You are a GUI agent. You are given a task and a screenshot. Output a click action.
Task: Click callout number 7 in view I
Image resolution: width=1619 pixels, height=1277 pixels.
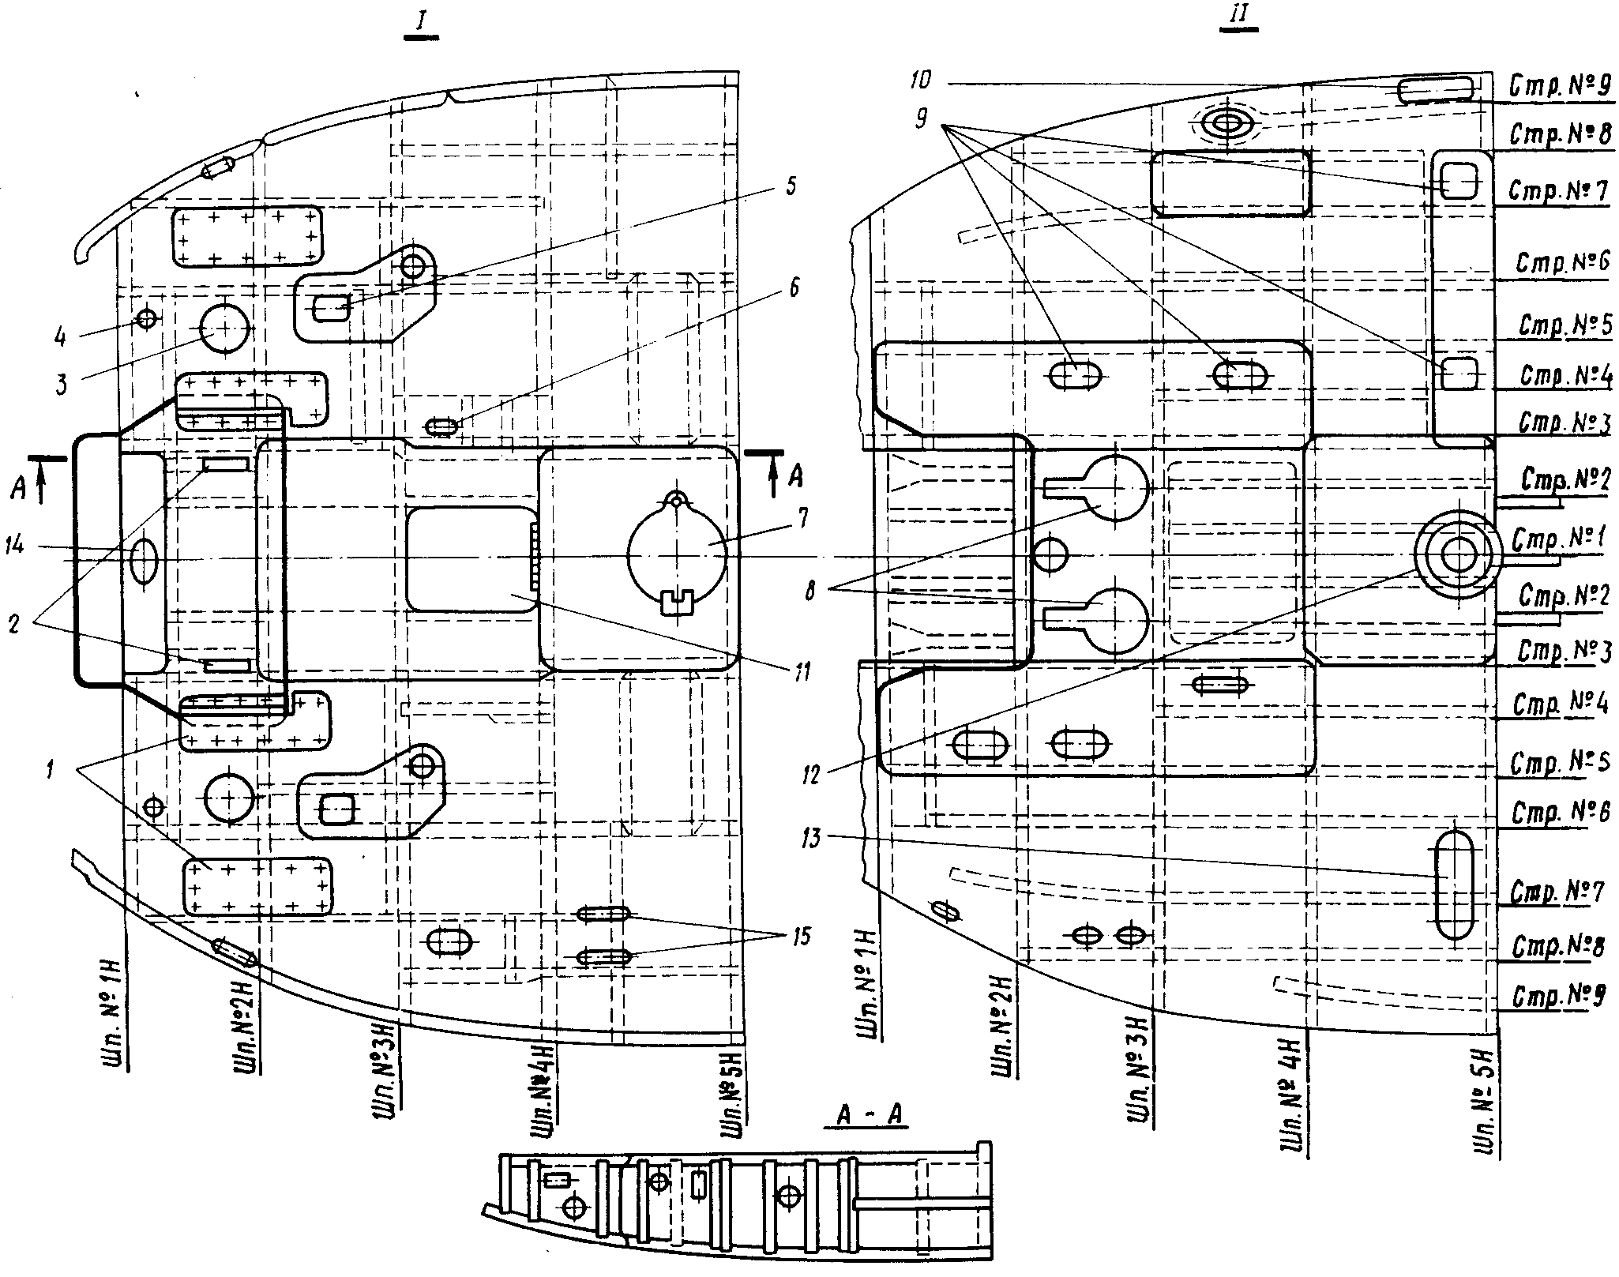pyautogui.click(x=803, y=518)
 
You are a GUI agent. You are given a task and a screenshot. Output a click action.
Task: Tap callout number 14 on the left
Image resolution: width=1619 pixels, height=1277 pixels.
pyautogui.click(x=15, y=545)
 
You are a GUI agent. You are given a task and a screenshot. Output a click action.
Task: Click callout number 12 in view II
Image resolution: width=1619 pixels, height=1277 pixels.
pyautogui.click(x=811, y=773)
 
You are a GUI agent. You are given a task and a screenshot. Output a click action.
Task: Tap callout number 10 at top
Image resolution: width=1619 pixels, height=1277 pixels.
pyautogui.click(x=919, y=80)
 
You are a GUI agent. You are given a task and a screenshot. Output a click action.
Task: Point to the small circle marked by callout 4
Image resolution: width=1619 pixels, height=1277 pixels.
pyautogui.click(x=147, y=319)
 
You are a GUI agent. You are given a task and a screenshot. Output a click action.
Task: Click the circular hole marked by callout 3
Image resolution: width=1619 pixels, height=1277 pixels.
pyautogui.click(x=224, y=329)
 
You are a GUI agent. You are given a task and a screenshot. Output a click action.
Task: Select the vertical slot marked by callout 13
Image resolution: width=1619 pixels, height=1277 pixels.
pyautogui.click(x=1453, y=885)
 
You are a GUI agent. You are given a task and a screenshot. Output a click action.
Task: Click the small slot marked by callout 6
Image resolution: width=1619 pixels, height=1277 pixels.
pyautogui.click(x=441, y=427)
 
